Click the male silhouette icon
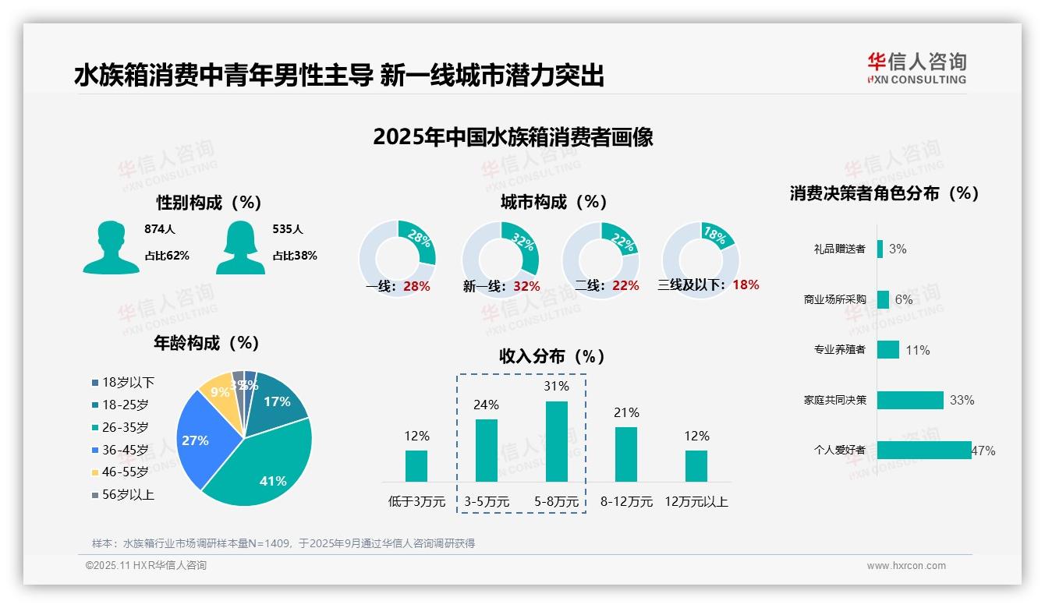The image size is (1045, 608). coord(112,247)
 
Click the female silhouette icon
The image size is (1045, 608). coord(240,247)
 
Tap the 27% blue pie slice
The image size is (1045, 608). coord(198,438)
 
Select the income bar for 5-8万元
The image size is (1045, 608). coord(556,441)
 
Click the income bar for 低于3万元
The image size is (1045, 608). coord(416,465)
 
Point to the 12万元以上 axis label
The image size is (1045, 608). coord(696,502)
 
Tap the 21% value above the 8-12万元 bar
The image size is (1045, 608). coord(626,413)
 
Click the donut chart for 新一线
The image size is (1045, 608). coord(501,260)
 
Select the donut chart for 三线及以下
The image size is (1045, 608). coord(700,260)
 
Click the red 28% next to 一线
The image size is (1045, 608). coord(416,286)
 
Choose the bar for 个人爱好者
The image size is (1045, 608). coord(924,451)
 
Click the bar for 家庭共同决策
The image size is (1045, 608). coord(910,400)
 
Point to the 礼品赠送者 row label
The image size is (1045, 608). coord(839,249)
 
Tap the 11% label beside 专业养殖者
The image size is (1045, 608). coord(917,351)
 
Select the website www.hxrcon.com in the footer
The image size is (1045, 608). coord(906,566)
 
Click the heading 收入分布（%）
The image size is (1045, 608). coord(552,357)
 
